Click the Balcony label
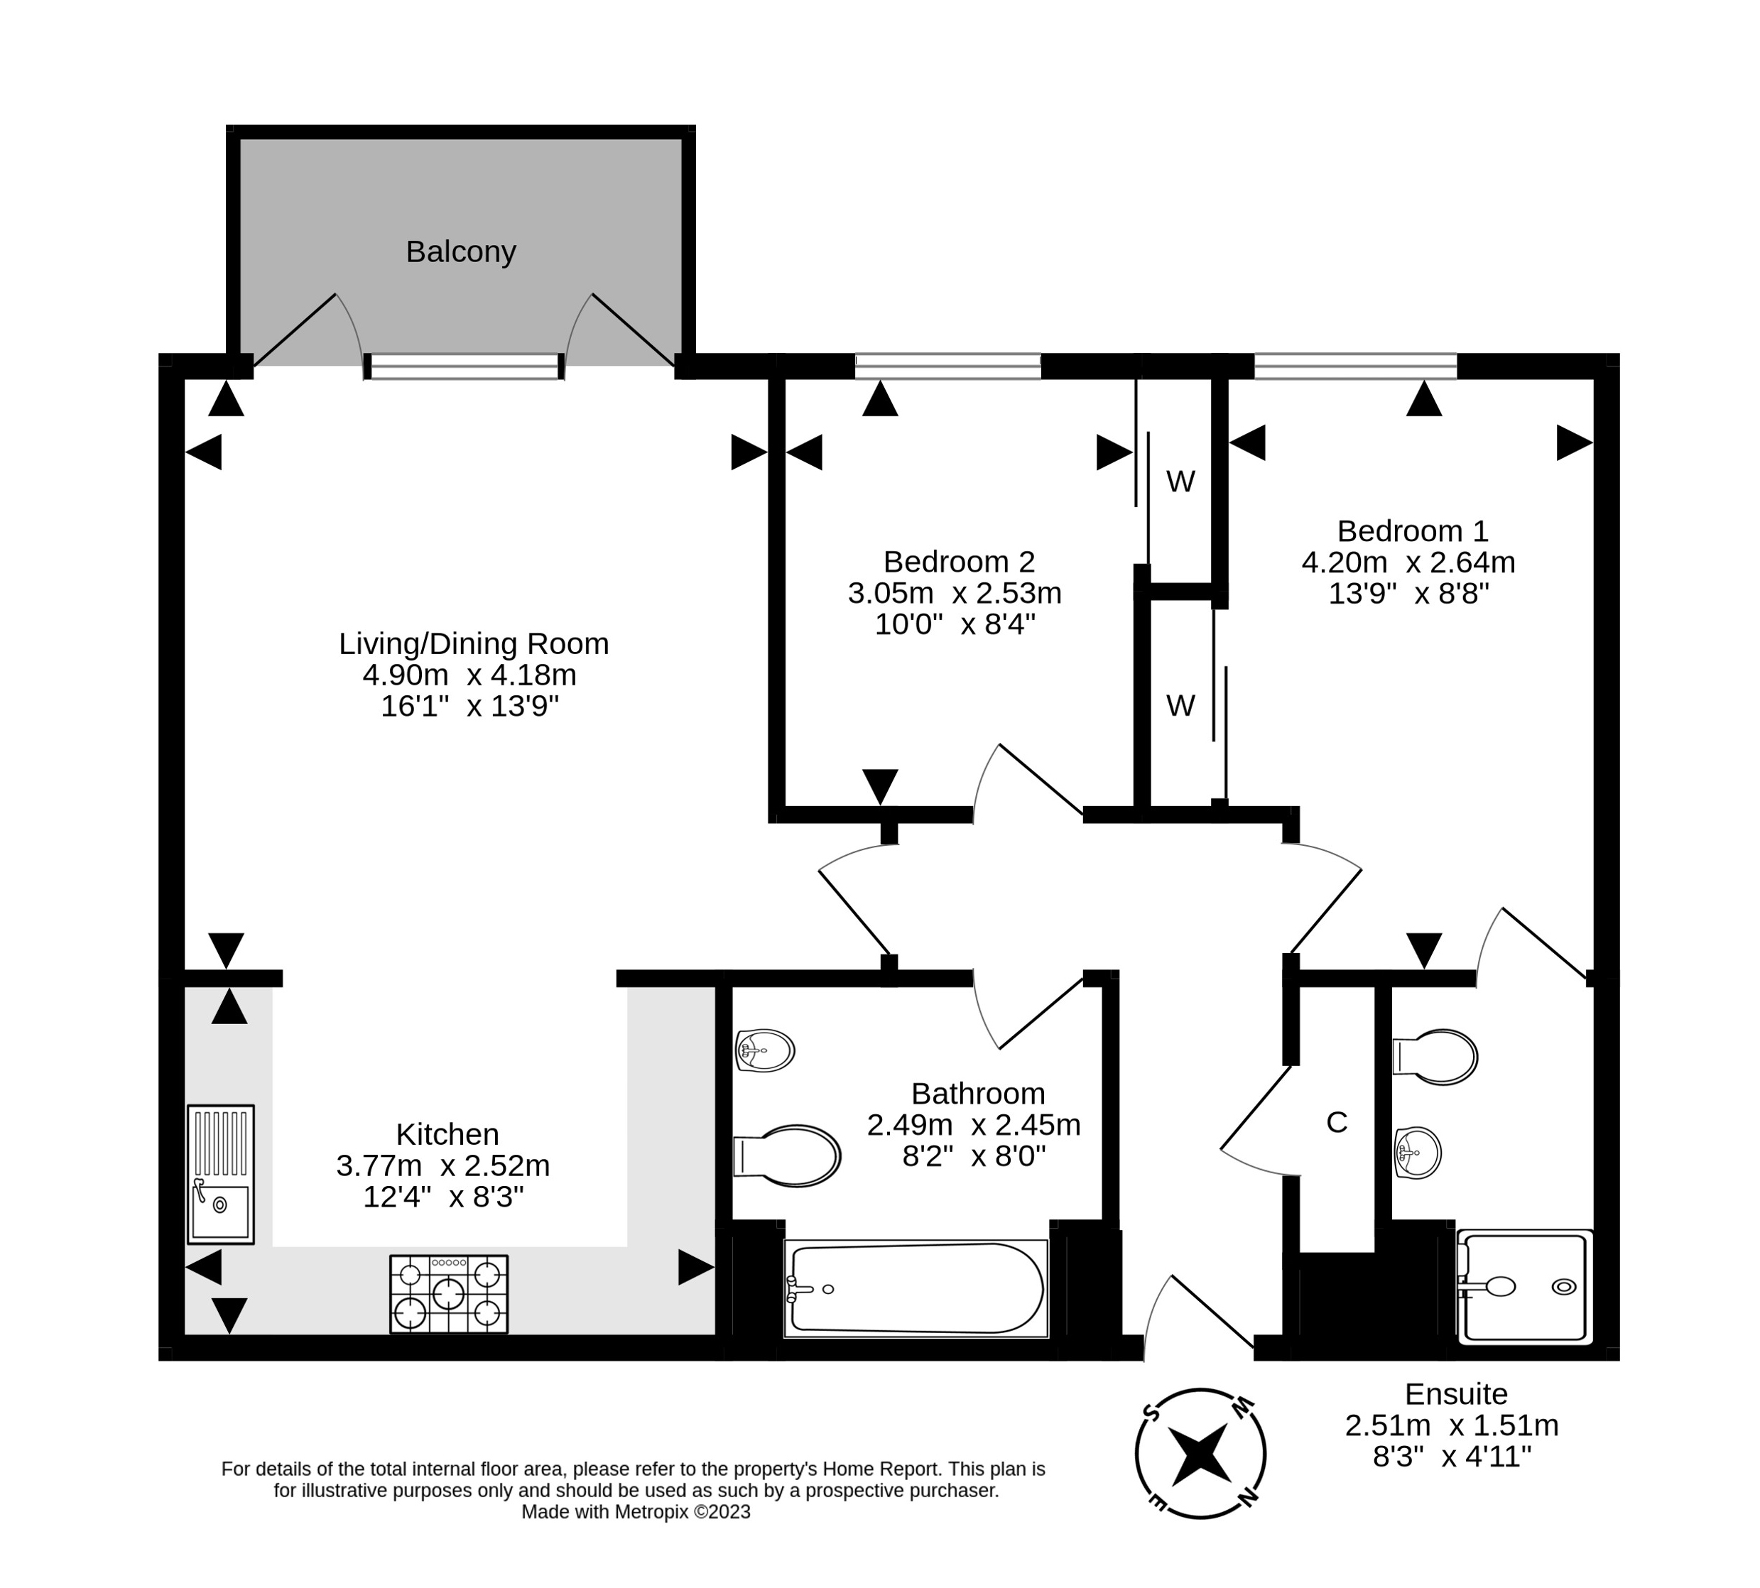click(461, 251)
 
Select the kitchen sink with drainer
click(220, 1173)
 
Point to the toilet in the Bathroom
click(788, 1155)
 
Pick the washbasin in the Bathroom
click(764, 1050)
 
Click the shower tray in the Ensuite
click(1524, 1286)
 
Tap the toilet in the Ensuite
click(1435, 1057)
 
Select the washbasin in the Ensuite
click(1417, 1153)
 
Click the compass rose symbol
click(1200, 1454)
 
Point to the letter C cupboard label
click(1336, 1122)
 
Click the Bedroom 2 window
click(947, 366)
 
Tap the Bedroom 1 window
click(1355, 366)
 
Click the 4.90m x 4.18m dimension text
click(469, 675)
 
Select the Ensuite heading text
click(1455, 1393)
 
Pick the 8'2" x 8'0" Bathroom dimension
click(973, 1156)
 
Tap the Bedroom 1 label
click(1412, 531)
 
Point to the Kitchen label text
click(447, 1133)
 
